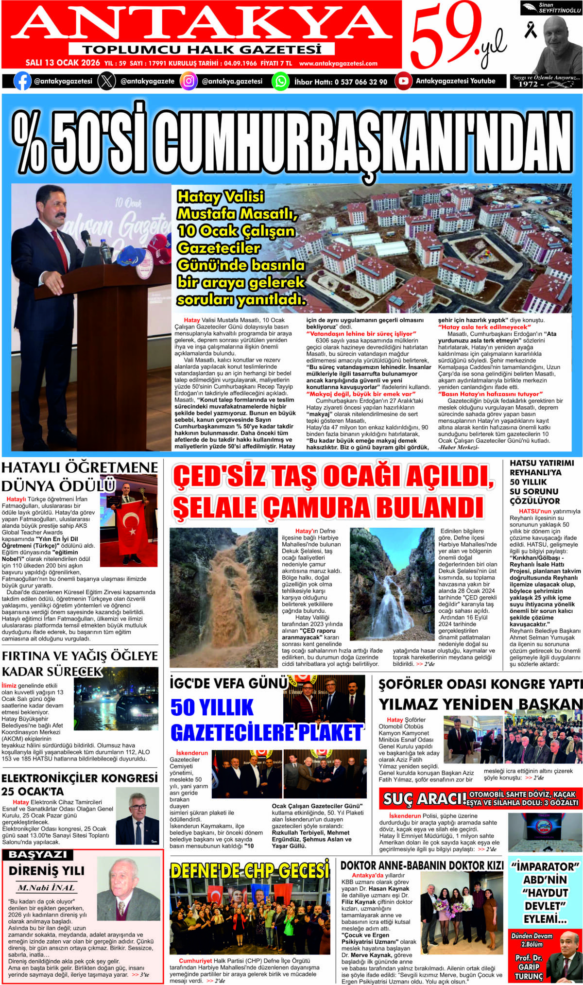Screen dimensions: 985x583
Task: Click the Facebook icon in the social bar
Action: click(22, 81)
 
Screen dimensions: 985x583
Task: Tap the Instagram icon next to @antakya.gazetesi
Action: click(189, 81)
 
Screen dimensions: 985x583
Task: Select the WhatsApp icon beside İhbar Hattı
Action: click(280, 81)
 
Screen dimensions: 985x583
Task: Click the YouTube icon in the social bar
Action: click(403, 81)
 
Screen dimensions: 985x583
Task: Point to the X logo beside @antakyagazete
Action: click(106, 81)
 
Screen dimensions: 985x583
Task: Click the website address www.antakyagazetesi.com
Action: click(338, 63)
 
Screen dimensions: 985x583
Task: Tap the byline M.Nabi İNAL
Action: click(47, 887)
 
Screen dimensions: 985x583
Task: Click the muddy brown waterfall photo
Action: click(223, 597)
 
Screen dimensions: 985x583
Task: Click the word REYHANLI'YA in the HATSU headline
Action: click(529, 472)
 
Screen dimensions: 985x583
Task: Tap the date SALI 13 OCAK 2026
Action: click(63, 63)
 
